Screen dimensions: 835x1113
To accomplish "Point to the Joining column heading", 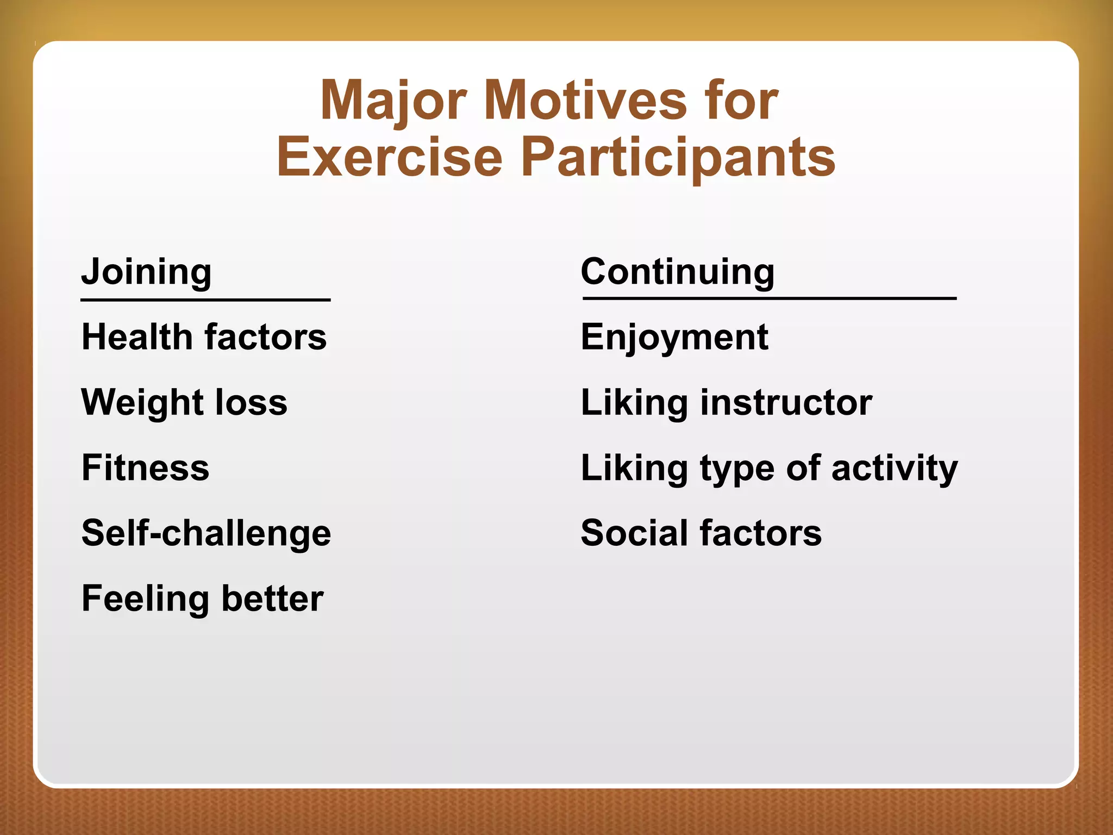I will [146, 272].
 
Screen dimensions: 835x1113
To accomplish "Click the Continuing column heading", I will [677, 272].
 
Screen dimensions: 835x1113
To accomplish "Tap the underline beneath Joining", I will [205, 300].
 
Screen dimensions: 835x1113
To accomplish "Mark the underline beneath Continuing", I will [769, 298].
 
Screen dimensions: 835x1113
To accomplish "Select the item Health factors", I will [204, 337].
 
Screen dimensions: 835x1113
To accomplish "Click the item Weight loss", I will [184, 402].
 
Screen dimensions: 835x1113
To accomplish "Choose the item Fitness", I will [145, 468].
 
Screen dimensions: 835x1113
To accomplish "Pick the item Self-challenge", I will [206, 533].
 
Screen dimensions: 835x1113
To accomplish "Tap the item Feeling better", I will [202, 599].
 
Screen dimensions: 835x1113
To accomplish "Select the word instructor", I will [786, 403].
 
